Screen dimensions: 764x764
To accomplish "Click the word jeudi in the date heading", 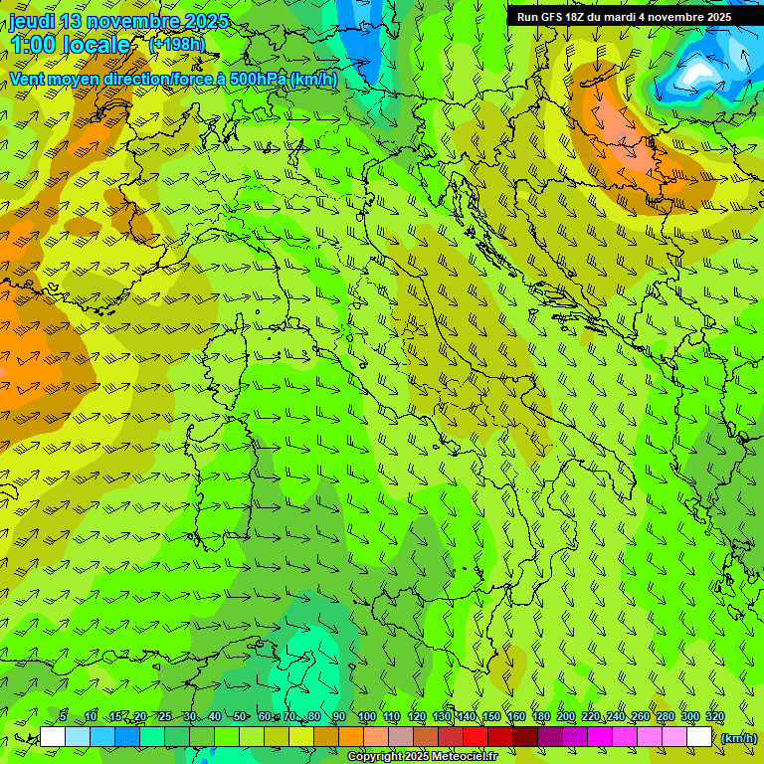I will click(33, 21).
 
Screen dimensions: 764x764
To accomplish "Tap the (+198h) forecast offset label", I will click(176, 44).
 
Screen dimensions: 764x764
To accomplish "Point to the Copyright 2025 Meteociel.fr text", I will click(422, 757).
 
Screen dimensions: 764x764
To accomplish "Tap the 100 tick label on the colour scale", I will click(366, 717).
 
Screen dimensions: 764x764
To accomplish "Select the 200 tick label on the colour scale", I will click(566, 717).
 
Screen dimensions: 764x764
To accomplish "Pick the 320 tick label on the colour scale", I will click(715, 717).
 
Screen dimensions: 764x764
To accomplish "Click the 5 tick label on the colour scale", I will click(63, 717).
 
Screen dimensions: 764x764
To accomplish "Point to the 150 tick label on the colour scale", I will click(491, 717).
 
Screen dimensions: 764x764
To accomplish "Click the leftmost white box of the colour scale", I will click(53, 737).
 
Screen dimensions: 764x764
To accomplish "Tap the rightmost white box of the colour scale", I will click(699, 737).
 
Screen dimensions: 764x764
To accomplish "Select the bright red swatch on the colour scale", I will click(476, 737).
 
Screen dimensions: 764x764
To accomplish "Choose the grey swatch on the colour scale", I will click(401, 737).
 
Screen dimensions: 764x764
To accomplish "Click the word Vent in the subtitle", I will click(27, 80).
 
